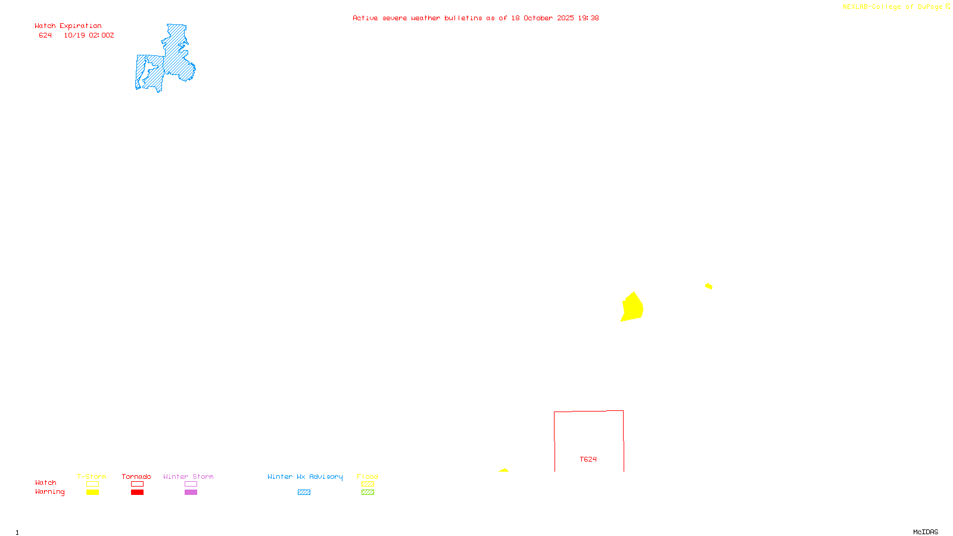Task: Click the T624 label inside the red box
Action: [x=588, y=459]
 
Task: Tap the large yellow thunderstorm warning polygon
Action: [x=632, y=307]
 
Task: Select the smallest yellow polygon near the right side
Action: [x=708, y=286]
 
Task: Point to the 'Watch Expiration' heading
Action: [x=68, y=26]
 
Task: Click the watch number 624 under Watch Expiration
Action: [x=45, y=36]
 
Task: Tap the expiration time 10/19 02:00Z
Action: [x=89, y=36]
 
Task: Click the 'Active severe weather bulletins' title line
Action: [x=475, y=18]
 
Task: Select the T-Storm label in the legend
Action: [x=92, y=476]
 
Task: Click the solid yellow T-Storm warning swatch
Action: [x=92, y=493]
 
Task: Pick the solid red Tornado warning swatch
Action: [x=137, y=493]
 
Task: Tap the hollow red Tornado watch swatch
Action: [x=137, y=484]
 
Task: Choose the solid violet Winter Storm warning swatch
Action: [x=191, y=493]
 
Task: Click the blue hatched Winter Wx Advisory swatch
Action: [x=304, y=493]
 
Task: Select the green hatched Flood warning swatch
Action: [x=368, y=493]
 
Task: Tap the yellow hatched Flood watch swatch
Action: [x=368, y=484]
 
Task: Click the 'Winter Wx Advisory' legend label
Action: [x=305, y=476]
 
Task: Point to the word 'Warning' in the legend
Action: [x=49, y=492]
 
